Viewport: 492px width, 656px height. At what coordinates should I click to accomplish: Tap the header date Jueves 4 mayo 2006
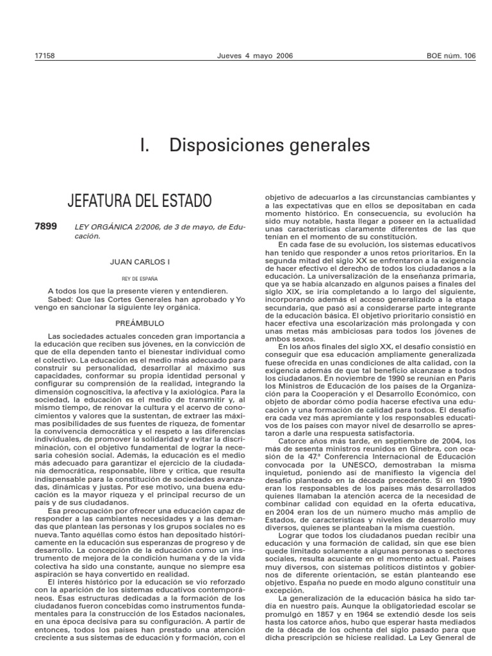[x=246, y=56]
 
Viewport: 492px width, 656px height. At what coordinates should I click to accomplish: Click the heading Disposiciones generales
[x=270, y=145]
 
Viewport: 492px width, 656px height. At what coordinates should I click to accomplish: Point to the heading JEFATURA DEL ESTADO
[x=139, y=201]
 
